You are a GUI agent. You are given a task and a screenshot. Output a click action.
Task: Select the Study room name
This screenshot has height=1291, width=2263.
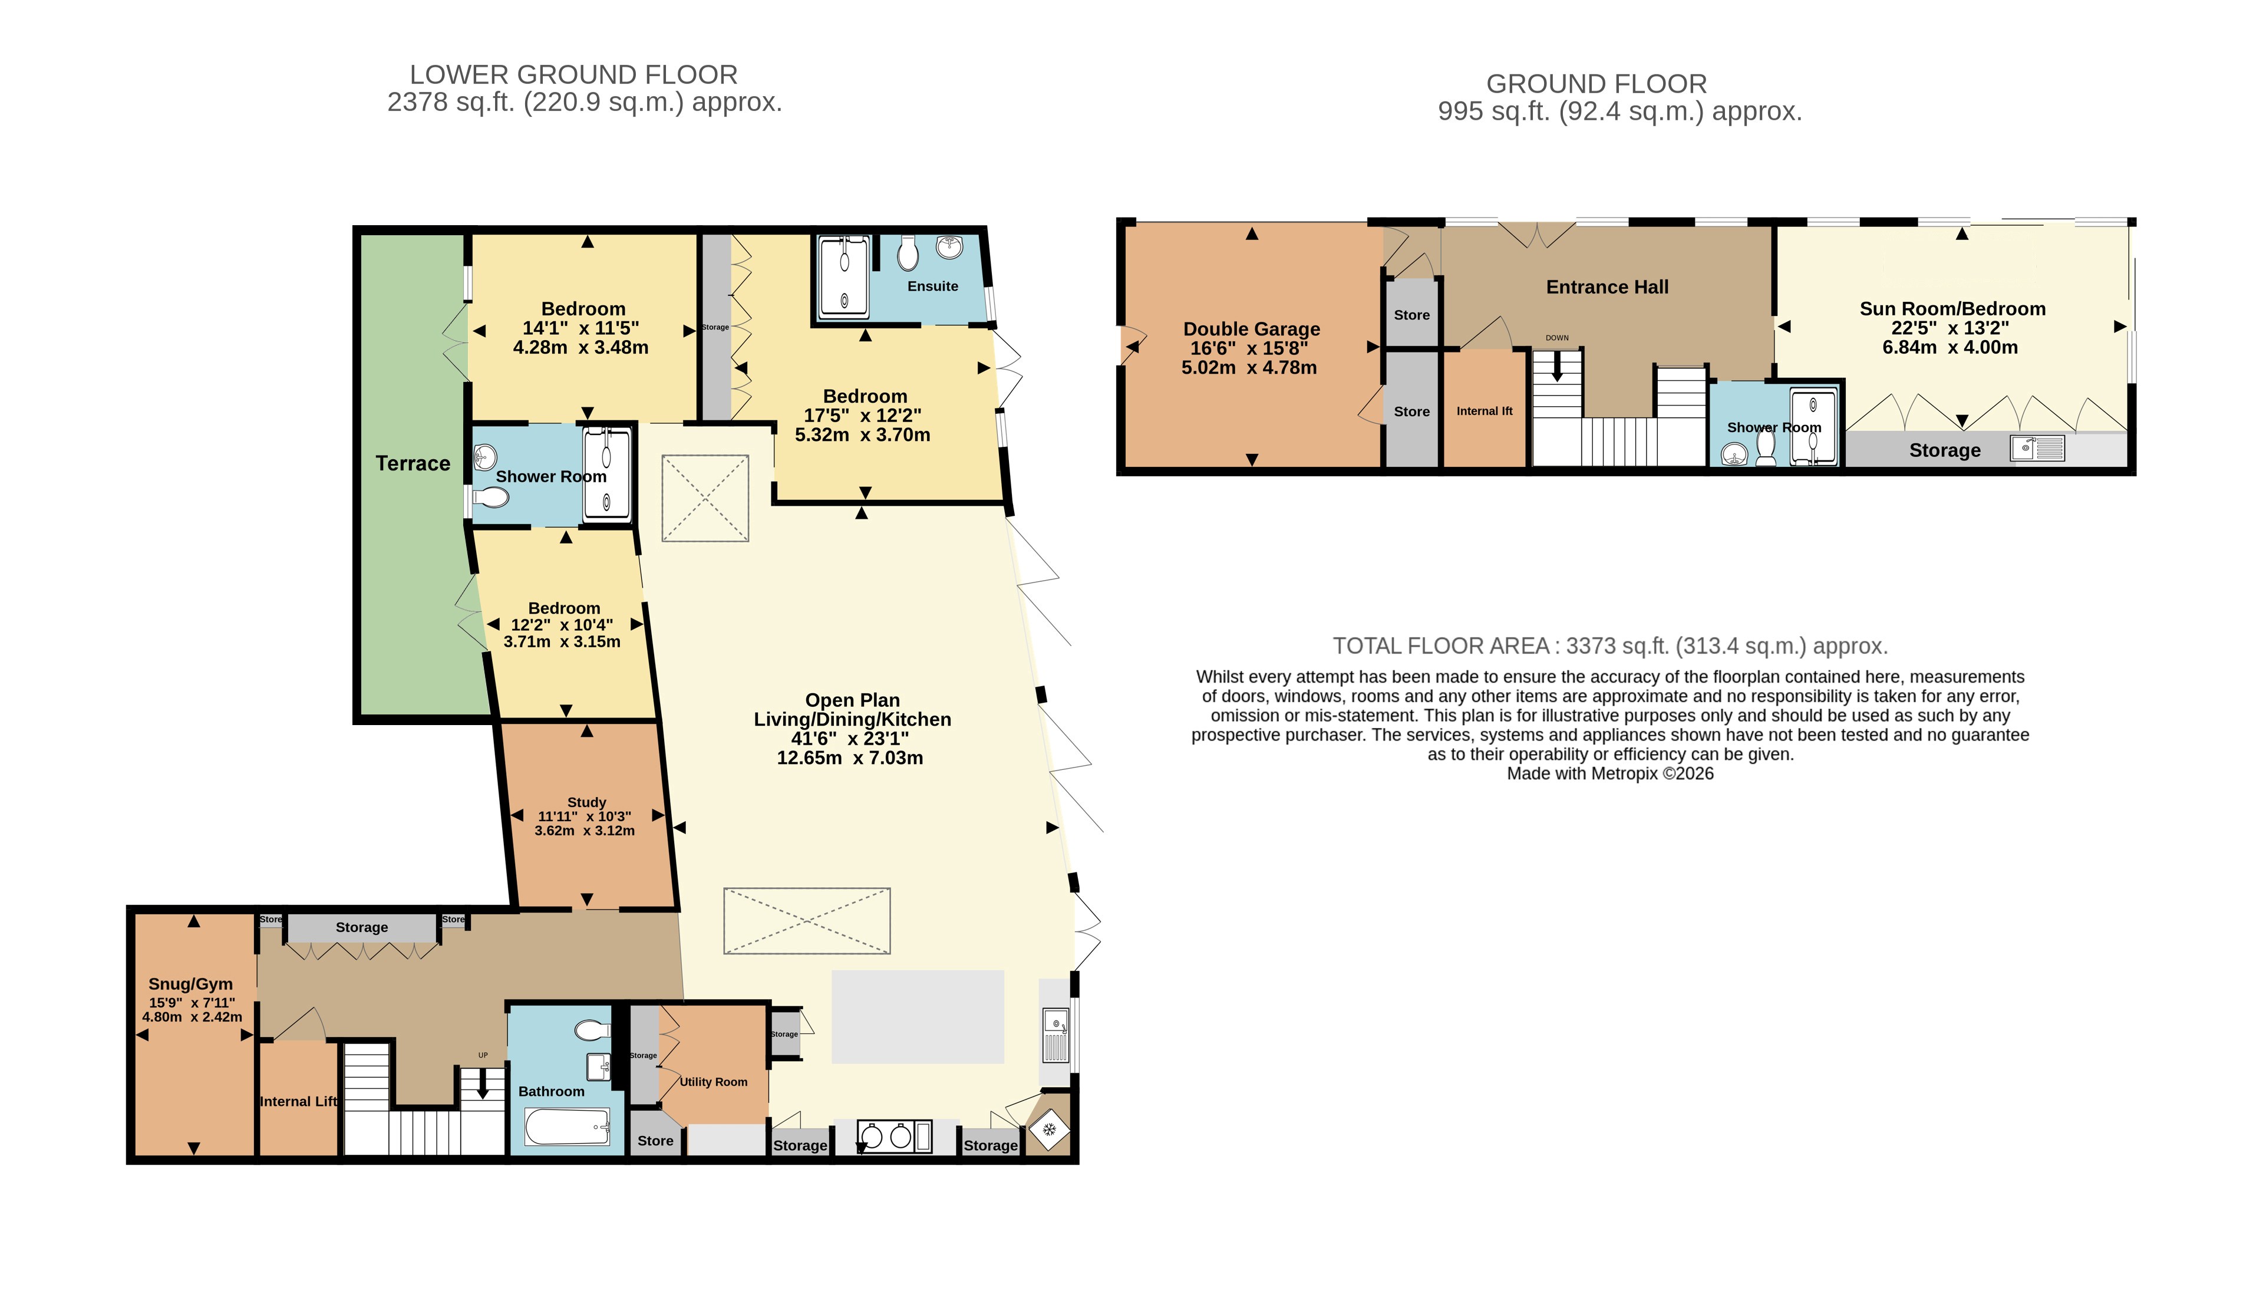586,802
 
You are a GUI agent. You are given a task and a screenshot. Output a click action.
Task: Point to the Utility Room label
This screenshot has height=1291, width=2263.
714,1082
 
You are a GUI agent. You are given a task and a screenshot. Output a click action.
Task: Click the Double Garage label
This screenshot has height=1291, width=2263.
1252,329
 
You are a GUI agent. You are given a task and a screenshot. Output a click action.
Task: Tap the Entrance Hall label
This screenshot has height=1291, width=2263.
1607,286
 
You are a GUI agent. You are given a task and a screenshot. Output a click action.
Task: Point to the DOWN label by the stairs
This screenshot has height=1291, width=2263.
1556,338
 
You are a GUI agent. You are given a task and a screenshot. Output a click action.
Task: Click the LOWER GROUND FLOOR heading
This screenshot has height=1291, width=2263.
573,74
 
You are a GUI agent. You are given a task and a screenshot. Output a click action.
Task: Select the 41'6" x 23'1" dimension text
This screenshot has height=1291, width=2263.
850,737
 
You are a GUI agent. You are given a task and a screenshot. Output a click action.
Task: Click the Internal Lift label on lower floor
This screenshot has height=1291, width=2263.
299,1101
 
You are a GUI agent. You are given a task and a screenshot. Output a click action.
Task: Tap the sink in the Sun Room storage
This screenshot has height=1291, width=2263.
2037,448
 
